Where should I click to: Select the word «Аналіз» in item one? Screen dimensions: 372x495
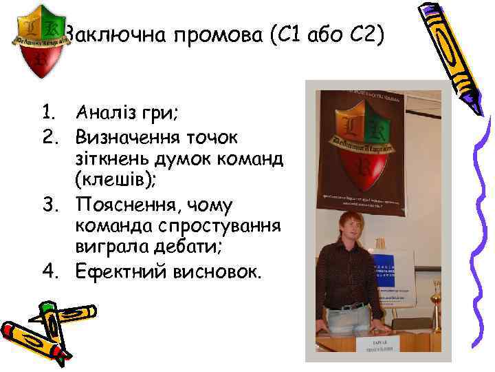[x=104, y=110]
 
